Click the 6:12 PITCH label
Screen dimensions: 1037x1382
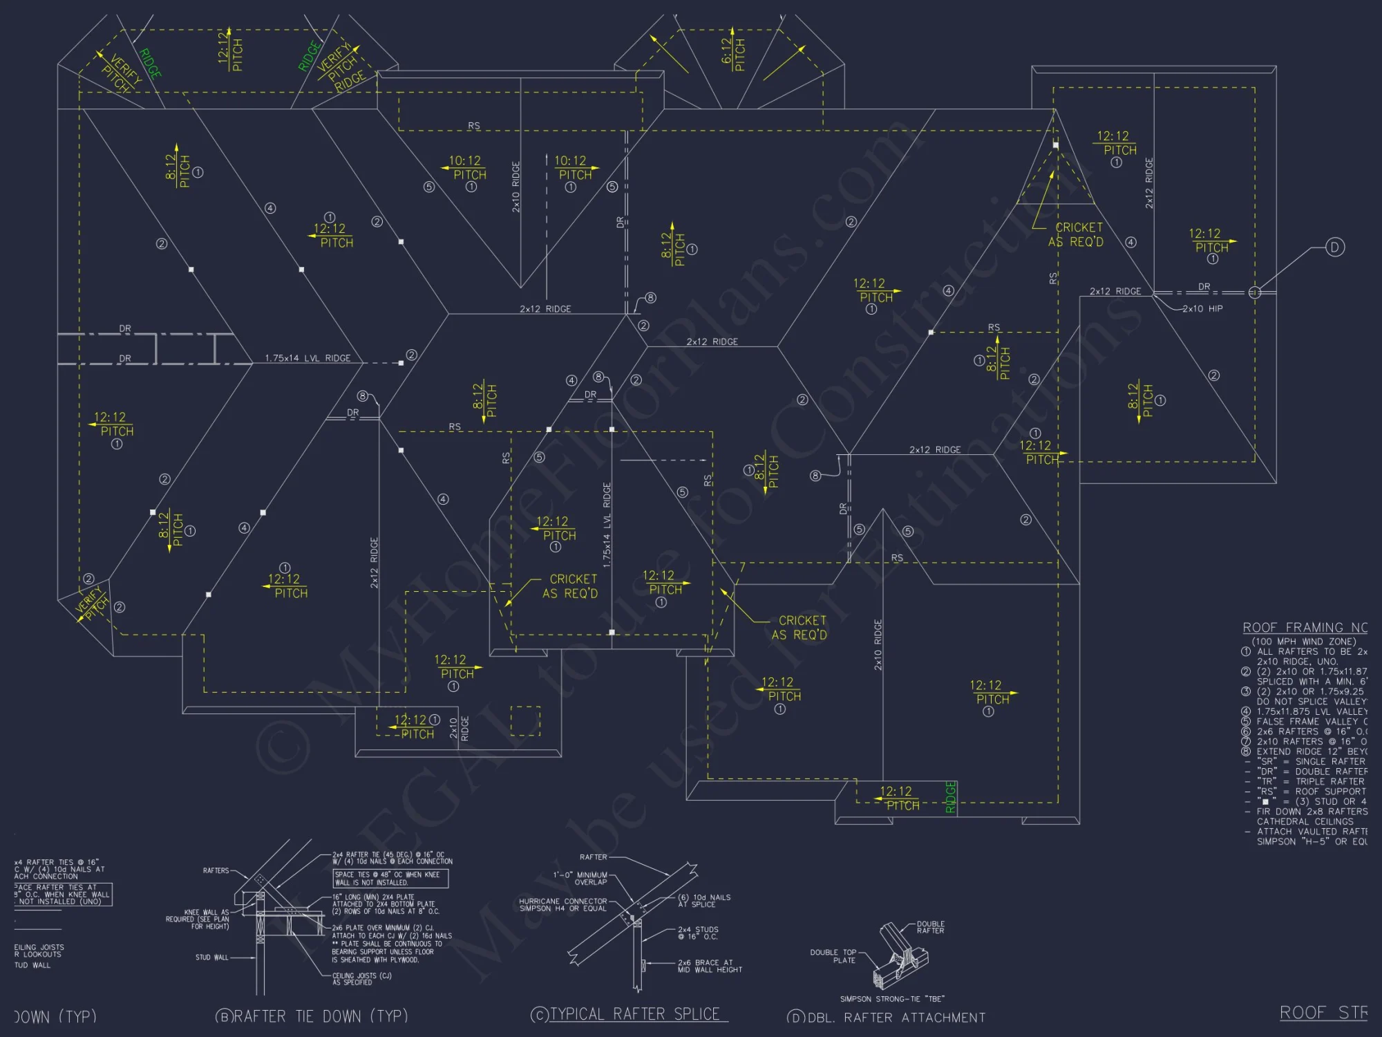(x=733, y=54)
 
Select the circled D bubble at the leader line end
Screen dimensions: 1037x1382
(x=1334, y=247)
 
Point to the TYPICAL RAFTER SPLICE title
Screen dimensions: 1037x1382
(x=634, y=1014)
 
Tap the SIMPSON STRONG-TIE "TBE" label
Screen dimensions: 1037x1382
(x=891, y=999)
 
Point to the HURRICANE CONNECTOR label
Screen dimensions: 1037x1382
(x=563, y=905)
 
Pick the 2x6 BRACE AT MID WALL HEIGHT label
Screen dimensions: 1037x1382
(x=710, y=966)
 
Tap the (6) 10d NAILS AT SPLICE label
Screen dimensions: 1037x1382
(x=704, y=901)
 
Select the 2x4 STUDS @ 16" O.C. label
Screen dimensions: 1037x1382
(x=698, y=933)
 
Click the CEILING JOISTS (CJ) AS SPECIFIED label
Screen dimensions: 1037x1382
(x=361, y=979)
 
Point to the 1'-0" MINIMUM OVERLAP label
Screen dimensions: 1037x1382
(x=580, y=878)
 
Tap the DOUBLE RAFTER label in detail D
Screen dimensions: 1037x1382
(x=930, y=927)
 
